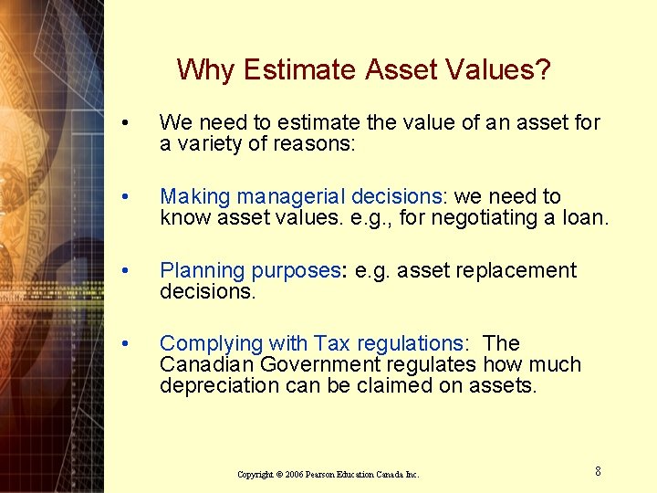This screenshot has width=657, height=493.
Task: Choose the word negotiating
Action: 495,217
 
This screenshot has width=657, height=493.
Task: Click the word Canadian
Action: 203,364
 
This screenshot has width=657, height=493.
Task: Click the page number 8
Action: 598,471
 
